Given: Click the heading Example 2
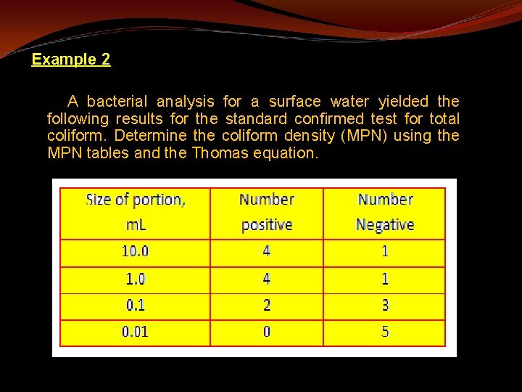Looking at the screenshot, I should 71,60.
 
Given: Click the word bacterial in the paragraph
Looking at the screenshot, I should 117,102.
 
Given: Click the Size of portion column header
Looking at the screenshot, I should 136,212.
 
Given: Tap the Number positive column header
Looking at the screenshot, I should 267,212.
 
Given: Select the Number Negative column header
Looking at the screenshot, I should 385,212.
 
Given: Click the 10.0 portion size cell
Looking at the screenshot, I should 136,252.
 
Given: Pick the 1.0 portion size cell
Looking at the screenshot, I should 136,279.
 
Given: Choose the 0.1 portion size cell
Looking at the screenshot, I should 136,306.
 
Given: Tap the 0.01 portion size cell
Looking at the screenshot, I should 136,332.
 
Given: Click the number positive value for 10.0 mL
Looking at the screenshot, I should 267,252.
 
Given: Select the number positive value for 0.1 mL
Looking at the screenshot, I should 267,306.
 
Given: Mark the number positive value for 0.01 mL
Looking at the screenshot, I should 267,332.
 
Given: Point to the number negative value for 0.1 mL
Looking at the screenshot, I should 385,306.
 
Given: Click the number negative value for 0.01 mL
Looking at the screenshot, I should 385,332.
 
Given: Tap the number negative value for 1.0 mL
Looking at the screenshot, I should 385,279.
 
